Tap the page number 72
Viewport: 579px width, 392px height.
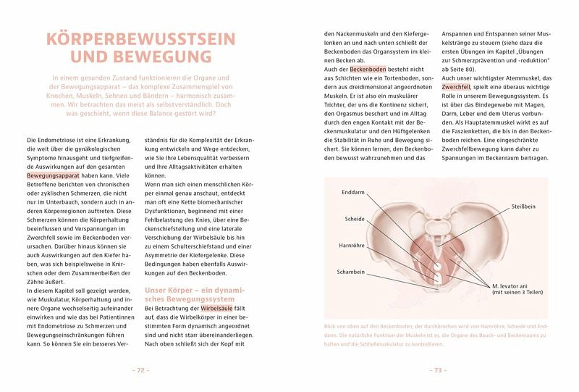(140, 370)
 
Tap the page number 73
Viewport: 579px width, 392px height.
(437, 370)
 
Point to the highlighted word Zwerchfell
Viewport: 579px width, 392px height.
(457, 88)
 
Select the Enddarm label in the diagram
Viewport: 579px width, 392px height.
(353, 193)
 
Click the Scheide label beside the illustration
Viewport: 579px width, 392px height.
(355, 219)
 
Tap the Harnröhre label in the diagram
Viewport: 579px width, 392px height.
(351, 246)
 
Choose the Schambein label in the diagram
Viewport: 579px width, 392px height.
(350, 272)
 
